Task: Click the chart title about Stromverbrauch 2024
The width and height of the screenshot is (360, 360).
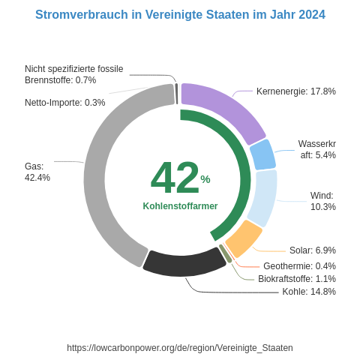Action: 180,15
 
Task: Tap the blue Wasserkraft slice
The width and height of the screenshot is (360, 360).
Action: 262,154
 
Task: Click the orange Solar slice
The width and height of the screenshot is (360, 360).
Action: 244,239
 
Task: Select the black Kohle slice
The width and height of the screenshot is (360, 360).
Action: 184,262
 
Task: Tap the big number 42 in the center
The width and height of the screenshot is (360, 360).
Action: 175,178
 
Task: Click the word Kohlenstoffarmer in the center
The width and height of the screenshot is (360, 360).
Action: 180,206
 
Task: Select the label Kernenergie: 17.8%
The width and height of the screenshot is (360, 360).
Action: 295,91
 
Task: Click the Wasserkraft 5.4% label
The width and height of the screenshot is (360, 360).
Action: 317,149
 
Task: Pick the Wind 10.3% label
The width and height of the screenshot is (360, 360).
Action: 322,201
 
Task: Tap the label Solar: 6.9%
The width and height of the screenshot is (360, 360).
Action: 312,250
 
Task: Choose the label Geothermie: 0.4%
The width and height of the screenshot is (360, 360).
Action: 299,266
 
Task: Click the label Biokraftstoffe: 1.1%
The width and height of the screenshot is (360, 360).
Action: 296,279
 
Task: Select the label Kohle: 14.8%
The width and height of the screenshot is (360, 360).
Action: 308,292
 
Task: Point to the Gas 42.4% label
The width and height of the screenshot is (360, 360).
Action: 37,172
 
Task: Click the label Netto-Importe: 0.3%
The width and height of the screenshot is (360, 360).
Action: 64,103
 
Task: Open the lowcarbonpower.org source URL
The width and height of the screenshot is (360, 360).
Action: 180,348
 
